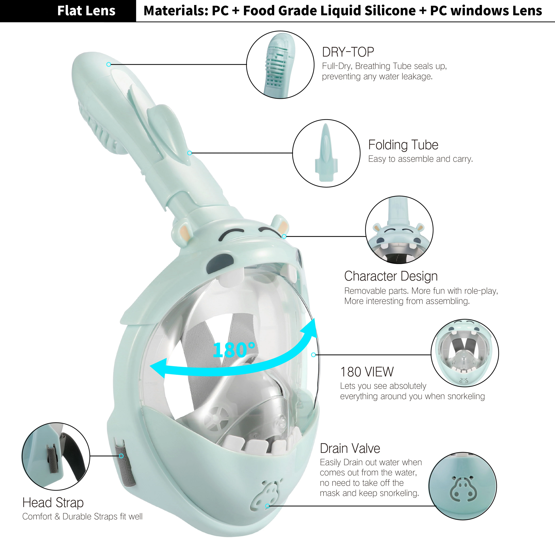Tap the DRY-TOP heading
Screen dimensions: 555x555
coord(348,52)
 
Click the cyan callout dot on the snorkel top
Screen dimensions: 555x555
coord(109,64)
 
